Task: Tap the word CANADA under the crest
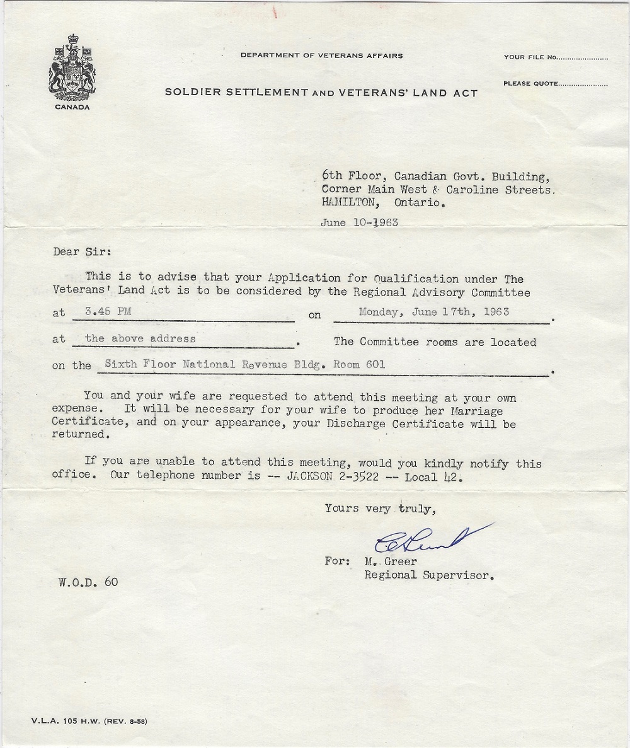pos(72,107)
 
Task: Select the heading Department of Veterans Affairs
pos(321,55)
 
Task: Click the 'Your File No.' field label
pos(529,57)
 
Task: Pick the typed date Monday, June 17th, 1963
pos(433,311)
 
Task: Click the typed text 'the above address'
pos(140,338)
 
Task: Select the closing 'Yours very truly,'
pos(379,509)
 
